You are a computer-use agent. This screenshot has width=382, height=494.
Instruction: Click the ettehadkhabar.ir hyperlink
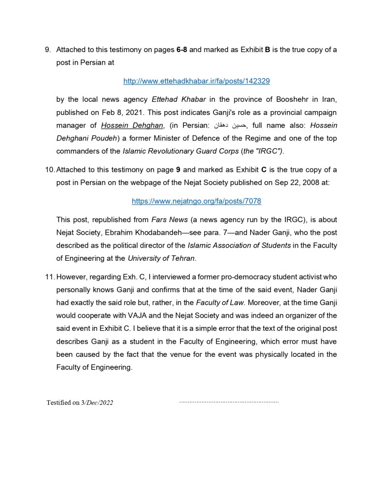point(196,81)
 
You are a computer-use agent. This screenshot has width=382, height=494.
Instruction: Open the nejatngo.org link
point(196,201)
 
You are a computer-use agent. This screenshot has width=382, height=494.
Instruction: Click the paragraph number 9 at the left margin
point(47,50)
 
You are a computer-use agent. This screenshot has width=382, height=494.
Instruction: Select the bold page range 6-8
point(182,50)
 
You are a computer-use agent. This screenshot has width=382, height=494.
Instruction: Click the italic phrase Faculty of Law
point(220,303)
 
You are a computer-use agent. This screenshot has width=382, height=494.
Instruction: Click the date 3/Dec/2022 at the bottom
point(97,403)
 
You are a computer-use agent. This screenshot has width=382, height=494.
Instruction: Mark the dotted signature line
point(228,402)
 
